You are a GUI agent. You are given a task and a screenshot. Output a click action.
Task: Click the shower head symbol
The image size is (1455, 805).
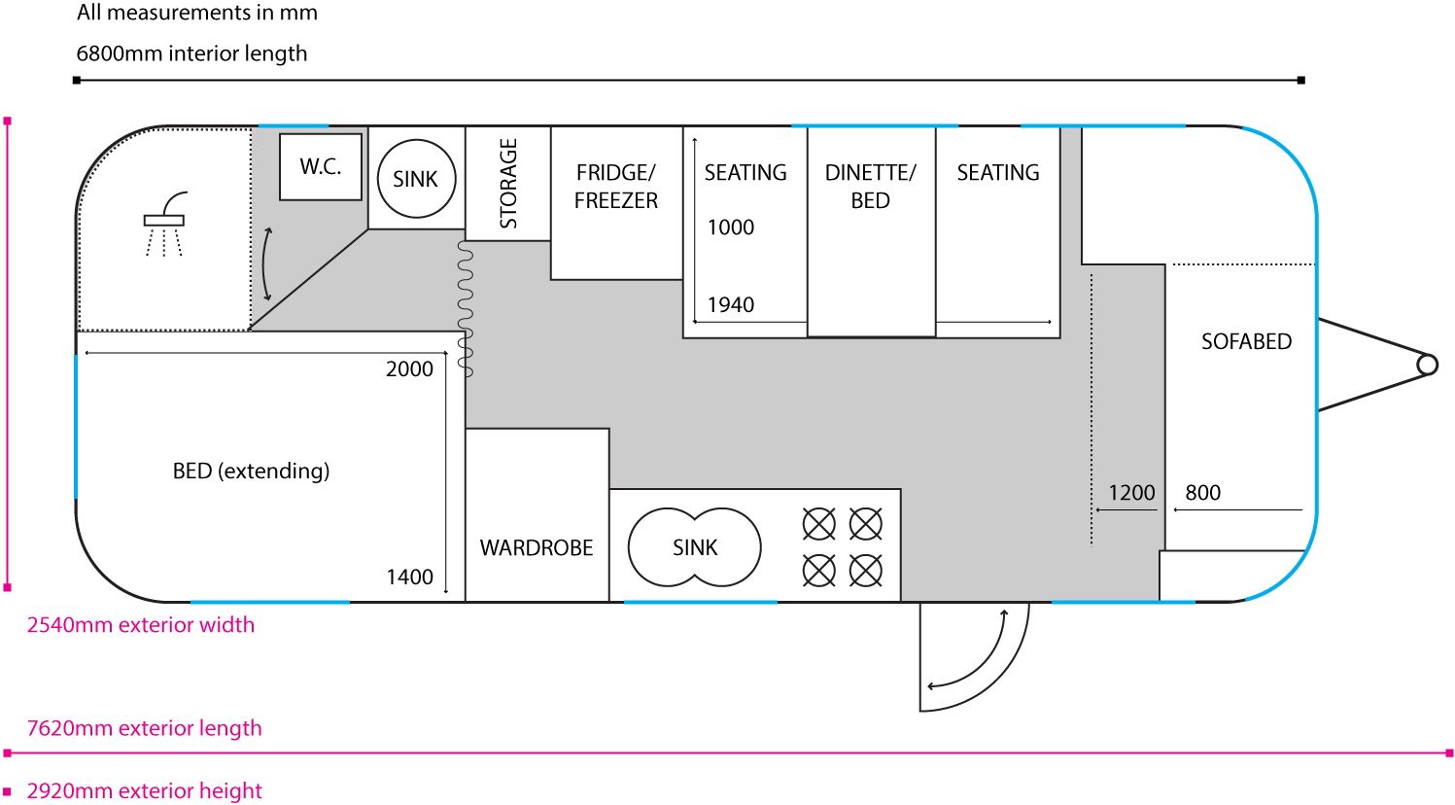pyautogui.click(x=165, y=219)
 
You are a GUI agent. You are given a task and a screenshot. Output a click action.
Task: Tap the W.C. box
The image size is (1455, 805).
pyautogui.click(x=321, y=167)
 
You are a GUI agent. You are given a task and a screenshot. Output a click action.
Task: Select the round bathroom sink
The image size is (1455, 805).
pyautogui.click(x=416, y=179)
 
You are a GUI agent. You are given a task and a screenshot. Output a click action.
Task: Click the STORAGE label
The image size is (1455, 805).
pyautogui.click(x=508, y=184)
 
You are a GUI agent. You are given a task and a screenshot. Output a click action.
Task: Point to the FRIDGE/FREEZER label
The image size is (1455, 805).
pyautogui.click(x=616, y=187)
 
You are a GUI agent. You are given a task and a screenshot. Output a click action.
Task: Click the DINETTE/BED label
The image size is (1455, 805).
pyautogui.click(x=870, y=187)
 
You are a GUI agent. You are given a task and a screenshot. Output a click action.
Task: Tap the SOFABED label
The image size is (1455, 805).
pyautogui.click(x=1246, y=342)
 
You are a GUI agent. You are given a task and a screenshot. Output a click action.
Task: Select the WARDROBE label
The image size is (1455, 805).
pyautogui.click(x=537, y=548)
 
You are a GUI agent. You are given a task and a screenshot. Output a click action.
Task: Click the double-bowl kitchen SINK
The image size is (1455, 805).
pyautogui.click(x=695, y=547)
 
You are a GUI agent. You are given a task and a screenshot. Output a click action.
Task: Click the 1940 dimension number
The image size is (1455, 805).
pyautogui.click(x=731, y=305)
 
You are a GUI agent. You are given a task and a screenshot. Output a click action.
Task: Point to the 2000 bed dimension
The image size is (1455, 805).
pyautogui.click(x=409, y=369)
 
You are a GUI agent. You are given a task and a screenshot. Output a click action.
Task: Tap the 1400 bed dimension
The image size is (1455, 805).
pyautogui.click(x=409, y=577)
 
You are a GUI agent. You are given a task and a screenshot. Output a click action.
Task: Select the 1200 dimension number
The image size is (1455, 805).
pyautogui.click(x=1131, y=493)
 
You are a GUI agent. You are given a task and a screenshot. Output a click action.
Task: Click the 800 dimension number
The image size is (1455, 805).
pyautogui.click(x=1202, y=493)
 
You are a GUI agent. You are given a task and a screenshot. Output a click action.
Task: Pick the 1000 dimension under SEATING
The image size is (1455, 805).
pyautogui.click(x=731, y=227)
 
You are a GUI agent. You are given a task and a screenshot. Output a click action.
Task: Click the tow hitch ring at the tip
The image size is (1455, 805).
pyautogui.click(x=1427, y=365)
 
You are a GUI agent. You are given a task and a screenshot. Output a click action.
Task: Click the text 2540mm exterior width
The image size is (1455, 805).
pyautogui.click(x=141, y=625)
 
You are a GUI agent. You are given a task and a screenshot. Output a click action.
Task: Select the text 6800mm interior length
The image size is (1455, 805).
pyautogui.click(x=191, y=53)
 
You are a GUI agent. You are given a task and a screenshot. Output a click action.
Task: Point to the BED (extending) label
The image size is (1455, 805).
pyautogui.click(x=251, y=472)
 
